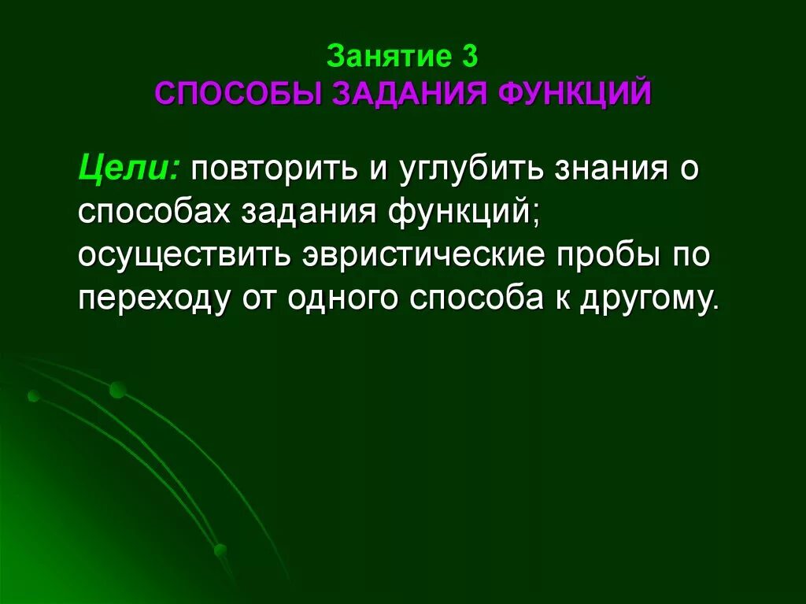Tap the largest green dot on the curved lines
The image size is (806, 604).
coord(117,389)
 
